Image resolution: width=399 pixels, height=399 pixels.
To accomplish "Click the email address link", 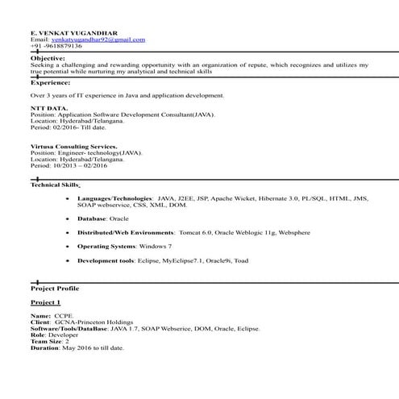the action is click(98, 39).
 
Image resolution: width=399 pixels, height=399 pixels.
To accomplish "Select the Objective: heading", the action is click(48, 59).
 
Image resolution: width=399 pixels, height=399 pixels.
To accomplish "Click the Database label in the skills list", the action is click(92, 218).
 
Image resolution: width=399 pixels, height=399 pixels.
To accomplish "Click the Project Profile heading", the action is click(55, 288).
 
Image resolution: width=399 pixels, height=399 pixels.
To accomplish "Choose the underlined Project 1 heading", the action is click(46, 301).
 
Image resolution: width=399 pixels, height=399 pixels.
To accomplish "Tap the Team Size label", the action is click(46, 342).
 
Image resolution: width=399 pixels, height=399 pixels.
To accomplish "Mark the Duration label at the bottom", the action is click(45, 348).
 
